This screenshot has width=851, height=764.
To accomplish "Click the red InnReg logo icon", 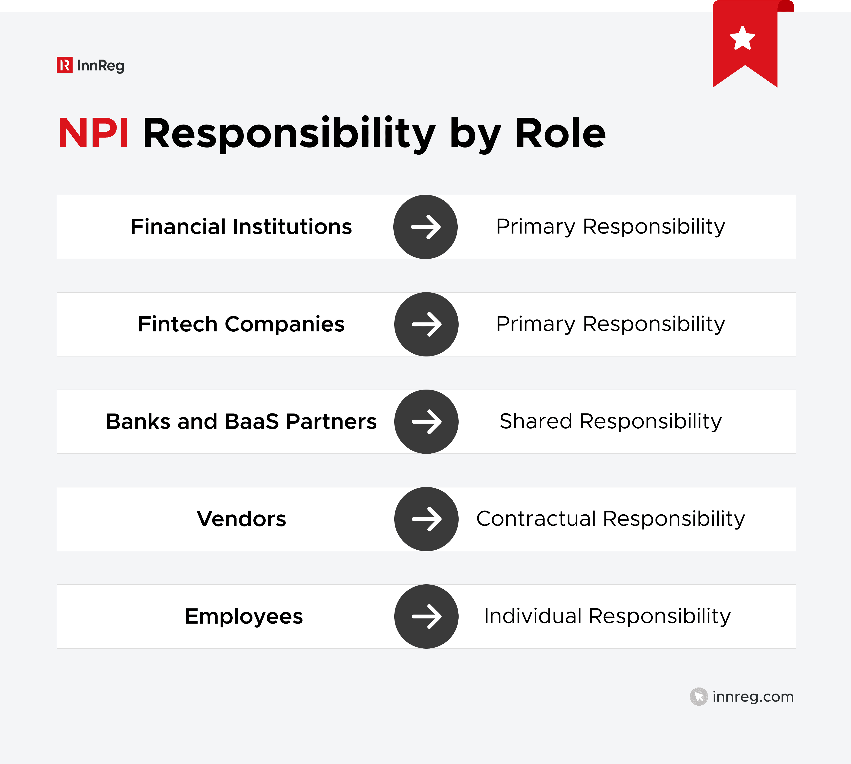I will click(x=65, y=65).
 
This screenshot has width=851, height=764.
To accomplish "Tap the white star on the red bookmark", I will click(x=742, y=38).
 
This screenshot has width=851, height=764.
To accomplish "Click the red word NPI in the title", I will click(x=93, y=134).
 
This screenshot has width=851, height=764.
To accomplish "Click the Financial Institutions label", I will click(x=241, y=227).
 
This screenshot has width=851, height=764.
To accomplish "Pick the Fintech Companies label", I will click(x=241, y=324).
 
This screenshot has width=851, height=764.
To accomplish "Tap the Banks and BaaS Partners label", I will click(x=241, y=421).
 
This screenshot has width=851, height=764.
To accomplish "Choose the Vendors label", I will click(x=241, y=519).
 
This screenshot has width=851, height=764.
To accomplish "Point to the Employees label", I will click(x=243, y=616).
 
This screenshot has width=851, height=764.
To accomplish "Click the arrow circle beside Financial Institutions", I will click(x=425, y=227).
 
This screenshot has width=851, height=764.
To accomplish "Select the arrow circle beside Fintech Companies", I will click(x=426, y=324).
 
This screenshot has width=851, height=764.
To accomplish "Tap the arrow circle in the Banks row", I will click(x=426, y=421).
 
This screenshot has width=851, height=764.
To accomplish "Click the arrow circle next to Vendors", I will click(x=426, y=519).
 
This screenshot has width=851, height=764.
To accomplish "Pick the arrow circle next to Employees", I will click(x=426, y=616).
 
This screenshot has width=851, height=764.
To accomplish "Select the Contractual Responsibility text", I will click(x=610, y=519).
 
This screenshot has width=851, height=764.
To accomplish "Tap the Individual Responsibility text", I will click(x=607, y=616).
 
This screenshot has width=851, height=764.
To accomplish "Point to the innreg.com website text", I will click(x=753, y=696).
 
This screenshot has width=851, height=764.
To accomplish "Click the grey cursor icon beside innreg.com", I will click(x=699, y=696).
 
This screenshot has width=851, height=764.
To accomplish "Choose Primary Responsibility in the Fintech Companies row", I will click(x=610, y=324).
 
